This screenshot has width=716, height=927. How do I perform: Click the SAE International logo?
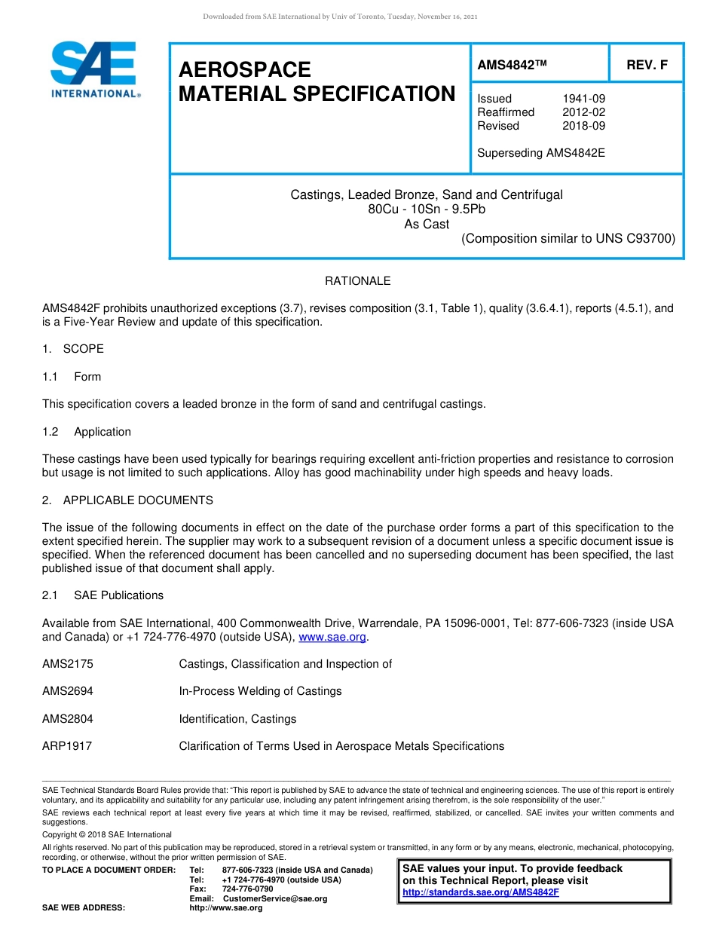[94, 69]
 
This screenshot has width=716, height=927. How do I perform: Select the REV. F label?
[647, 65]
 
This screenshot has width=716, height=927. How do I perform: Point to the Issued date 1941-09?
[583, 99]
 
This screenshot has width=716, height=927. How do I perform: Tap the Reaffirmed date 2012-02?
[583, 112]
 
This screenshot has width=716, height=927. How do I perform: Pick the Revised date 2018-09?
[583, 126]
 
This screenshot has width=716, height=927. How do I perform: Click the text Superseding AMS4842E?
[541, 153]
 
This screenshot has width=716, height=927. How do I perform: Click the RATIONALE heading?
[357, 281]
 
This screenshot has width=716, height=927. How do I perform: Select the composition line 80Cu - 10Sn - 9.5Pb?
[427, 210]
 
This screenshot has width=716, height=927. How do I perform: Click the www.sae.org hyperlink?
[332, 637]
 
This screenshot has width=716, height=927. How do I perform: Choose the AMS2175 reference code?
[68, 664]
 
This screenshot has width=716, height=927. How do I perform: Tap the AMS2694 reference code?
[68, 691]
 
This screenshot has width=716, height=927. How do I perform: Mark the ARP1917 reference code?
[68, 746]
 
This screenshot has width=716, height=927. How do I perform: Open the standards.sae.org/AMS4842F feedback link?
[481, 892]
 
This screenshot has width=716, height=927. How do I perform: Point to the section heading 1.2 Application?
[87, 432]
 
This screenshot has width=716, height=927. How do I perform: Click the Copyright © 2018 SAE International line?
[107, 834]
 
